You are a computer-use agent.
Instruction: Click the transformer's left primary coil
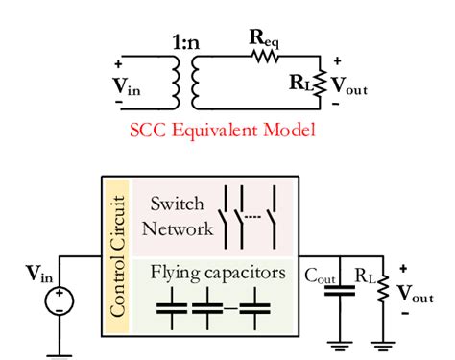pos(175,83)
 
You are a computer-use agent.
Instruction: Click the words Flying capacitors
pos(217,273)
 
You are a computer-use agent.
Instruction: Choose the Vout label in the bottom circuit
pos(415,293)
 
